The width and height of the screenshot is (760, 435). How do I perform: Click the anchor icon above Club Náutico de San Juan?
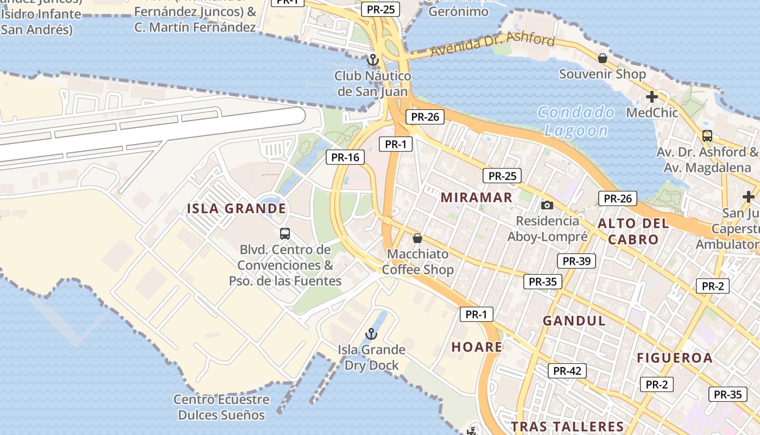coord(372,60)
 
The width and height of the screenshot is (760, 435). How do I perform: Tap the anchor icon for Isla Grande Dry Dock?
coord(371,333)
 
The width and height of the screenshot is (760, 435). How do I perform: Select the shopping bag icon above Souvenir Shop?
coord(603,58)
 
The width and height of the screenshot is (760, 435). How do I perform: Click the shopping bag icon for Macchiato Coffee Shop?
coord(417,238)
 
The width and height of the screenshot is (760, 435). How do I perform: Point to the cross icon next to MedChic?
coord(651,97)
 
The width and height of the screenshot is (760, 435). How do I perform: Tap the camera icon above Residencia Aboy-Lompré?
coord(547,205)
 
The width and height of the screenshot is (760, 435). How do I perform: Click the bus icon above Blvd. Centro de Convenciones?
coord(285,234)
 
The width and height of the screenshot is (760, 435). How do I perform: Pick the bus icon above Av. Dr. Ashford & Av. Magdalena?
coord(707,136)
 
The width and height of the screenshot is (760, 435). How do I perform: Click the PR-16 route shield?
coord(345,158)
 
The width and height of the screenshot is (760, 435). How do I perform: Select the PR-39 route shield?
coord(576,261)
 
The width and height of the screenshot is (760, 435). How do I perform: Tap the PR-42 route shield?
coord(567,371)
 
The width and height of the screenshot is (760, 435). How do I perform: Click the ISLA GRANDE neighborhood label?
coord(236,209)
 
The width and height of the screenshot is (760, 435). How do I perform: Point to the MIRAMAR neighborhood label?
coord(476,197)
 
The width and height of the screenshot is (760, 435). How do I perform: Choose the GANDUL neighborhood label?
coord(574,321)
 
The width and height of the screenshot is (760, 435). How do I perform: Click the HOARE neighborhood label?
coord(477,347)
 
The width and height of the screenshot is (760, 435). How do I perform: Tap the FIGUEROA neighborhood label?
coord(674,358)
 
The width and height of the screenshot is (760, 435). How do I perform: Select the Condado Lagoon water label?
coord(576,121)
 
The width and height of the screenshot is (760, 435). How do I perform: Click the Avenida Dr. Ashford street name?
coord(493,45)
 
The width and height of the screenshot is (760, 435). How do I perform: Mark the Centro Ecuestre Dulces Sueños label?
coord(221,407)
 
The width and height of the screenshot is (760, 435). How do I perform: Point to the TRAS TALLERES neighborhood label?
coord(567,426)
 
